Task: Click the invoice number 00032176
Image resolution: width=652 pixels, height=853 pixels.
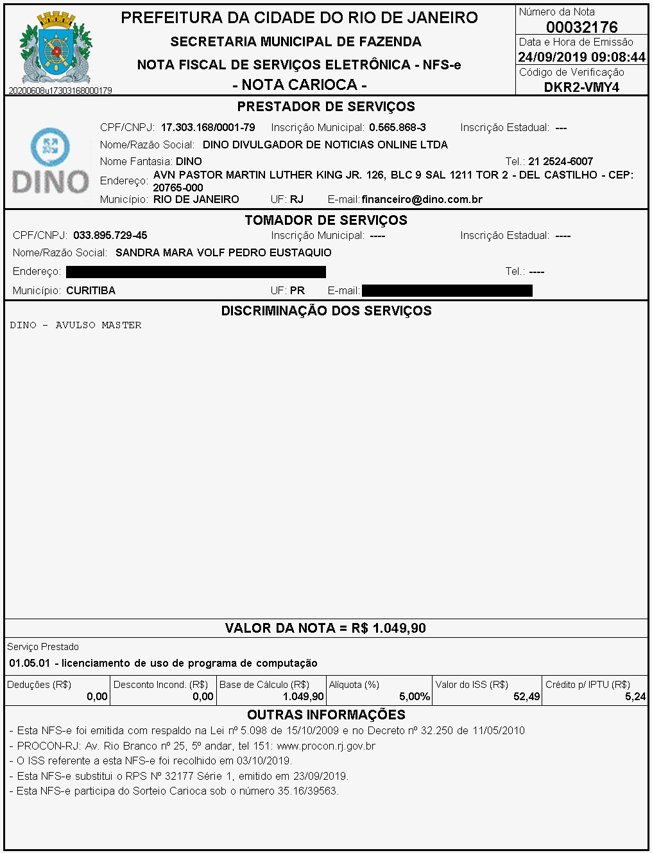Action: (x=581, y=27)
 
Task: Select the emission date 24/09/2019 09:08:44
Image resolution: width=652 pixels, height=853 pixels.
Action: (x=581, y=57)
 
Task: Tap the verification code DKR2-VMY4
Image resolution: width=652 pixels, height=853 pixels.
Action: (x=581, y=87)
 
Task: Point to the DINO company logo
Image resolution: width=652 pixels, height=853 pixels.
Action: (x=51, y=161)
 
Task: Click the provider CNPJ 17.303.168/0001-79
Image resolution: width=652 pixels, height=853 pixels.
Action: (x=208, y=128)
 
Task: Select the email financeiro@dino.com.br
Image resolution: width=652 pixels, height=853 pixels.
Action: (x=422, y=200)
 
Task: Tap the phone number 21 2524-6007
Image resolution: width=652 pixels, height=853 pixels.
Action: (x=560, y=162)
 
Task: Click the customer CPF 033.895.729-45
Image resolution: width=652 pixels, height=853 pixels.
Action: (x=110, y=236)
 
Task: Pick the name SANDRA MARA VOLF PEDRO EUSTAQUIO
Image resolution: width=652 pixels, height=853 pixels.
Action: (x=223, y=253)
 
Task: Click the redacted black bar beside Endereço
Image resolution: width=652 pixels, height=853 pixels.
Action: (x=196, y=272)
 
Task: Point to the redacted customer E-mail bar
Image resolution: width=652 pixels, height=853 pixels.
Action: (x=447, y=291)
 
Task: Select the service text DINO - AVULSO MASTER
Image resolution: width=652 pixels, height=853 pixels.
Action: (x=76, y=326)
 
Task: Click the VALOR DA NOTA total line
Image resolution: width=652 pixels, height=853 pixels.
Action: (x=325, y=628)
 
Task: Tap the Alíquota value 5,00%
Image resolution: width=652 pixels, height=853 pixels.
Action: (x=414, y=697)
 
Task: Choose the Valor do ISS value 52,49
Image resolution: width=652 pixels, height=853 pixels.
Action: (x=527, y=697)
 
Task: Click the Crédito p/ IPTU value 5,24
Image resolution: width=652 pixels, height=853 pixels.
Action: (x=635, y=697)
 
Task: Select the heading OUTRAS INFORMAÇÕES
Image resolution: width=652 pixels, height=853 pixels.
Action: (x=326, y=715)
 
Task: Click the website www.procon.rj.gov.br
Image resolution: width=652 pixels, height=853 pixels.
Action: (x=326, y=746)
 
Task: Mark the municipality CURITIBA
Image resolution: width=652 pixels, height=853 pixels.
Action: (x=90, y=291)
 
